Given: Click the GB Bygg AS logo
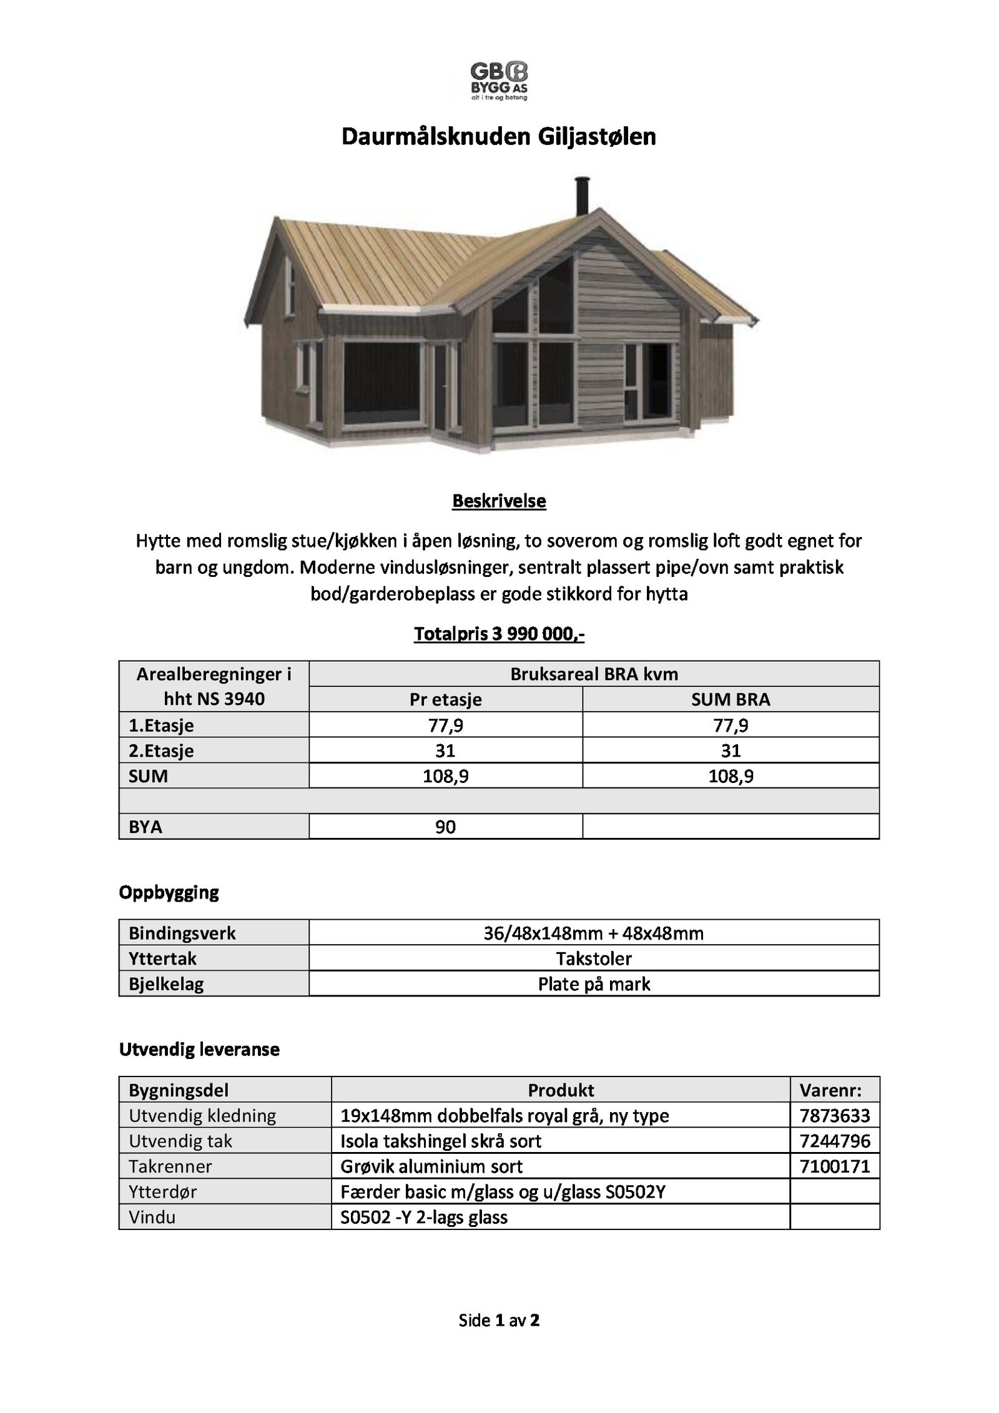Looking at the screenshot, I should pos(498,81).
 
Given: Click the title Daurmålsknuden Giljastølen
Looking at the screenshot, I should pos(498,137).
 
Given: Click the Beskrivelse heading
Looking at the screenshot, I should pos(499,501).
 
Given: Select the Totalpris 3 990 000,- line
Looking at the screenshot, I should pos(499,634).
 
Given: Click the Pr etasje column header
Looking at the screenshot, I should pos(445,699).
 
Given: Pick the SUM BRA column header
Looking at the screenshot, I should pos(731,699).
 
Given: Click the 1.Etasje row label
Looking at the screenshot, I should pos(161,725).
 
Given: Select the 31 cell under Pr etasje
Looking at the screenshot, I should pos(445,751).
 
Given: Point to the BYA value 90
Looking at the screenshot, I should pos(445,827).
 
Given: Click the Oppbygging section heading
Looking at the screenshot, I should pos(169,892).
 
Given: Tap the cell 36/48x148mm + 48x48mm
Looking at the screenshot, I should pos(593,933).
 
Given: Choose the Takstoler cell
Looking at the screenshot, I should pos(593,958).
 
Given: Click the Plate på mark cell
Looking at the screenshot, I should pos(593,984).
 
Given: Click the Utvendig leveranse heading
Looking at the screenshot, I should pos(199,1050).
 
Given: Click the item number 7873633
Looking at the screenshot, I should pos(834,1116).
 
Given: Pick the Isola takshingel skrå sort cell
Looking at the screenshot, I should pos(441,1141).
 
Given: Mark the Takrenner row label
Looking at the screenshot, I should pos(170,1166).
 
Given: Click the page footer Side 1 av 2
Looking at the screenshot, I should pos(499,1320).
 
